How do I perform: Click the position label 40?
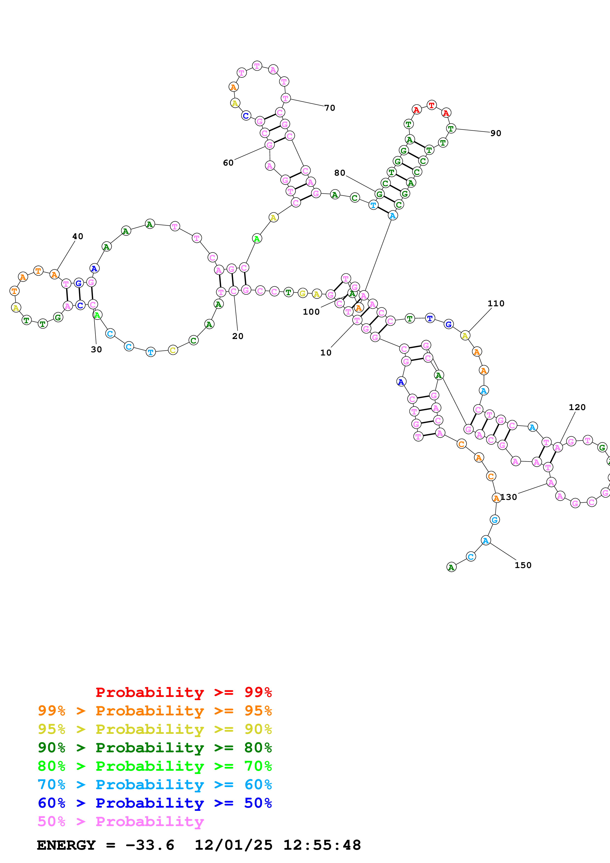(78, 236)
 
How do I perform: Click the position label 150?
(523, 565)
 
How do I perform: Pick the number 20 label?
(237, 336)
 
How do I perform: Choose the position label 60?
(228, 163)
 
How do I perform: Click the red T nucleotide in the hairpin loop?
(431, 105)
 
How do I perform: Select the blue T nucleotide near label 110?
(430, 318)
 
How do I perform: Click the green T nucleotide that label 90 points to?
(451, 129)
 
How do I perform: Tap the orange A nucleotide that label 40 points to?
(54, 275)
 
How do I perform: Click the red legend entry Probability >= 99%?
(183, 692)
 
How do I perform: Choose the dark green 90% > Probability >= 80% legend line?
(155, 748)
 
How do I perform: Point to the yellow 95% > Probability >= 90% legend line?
(155, 729)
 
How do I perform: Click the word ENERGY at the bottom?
(66, 845)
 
